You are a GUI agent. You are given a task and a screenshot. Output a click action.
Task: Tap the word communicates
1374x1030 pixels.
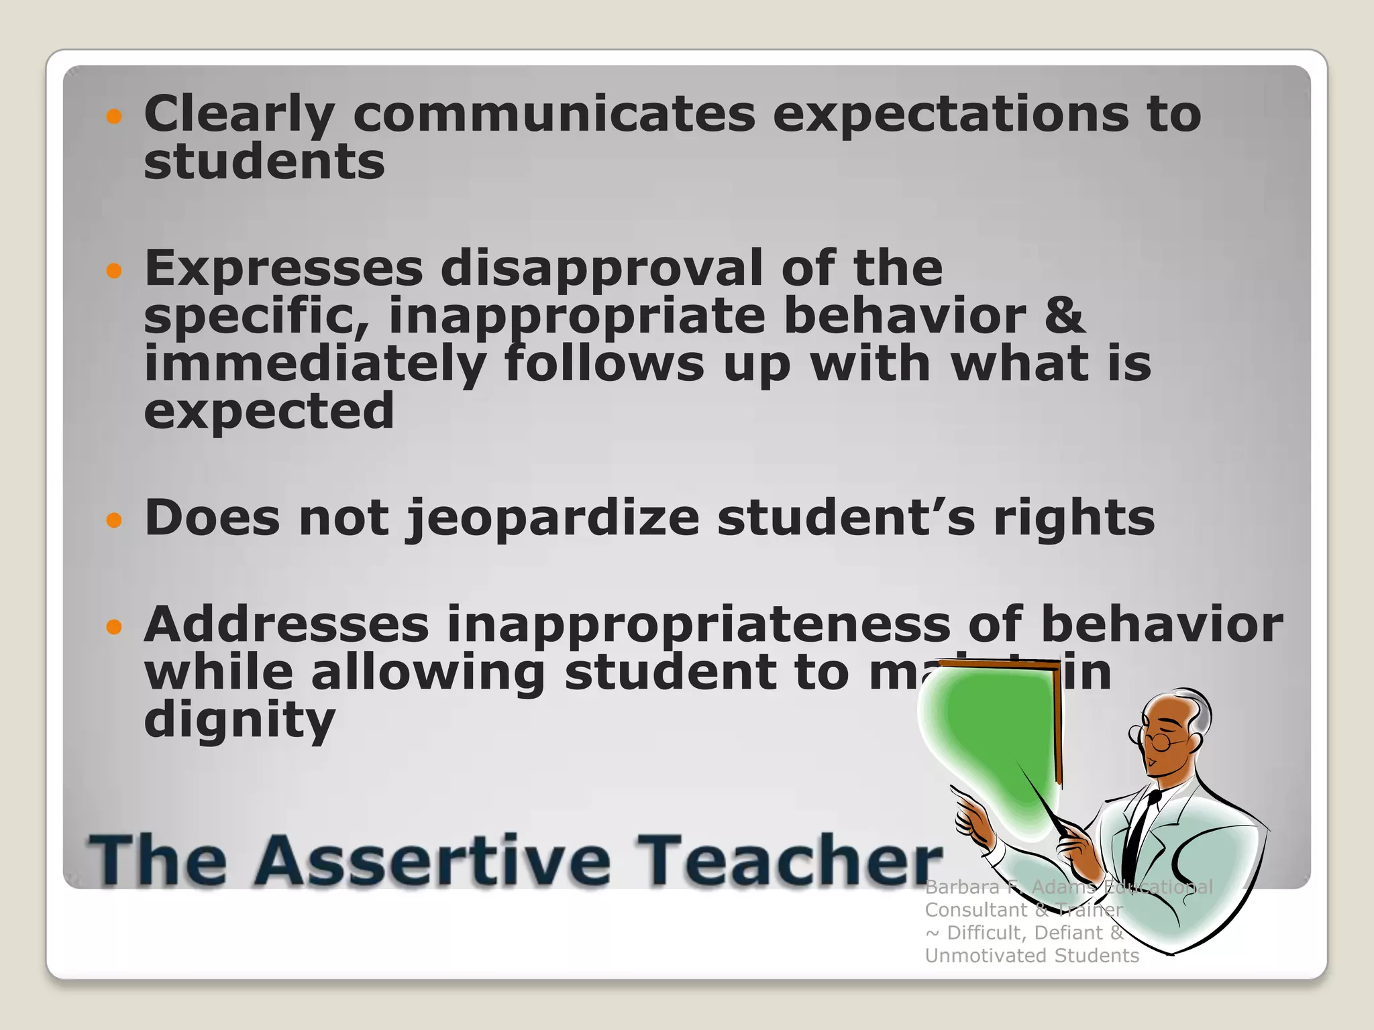coord(553,114)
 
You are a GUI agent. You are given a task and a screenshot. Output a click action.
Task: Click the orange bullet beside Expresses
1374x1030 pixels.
coord(115,271)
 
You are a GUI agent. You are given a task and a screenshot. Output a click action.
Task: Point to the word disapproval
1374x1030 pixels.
coord(602,268)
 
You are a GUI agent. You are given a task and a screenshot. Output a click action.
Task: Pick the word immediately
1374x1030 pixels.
coord(315,364)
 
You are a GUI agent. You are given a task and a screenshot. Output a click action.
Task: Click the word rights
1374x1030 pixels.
coord(1073,518)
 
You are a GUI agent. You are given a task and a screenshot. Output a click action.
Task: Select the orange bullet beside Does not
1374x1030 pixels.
coord(115,520)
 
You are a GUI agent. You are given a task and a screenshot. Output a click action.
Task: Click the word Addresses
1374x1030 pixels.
coord(286,624)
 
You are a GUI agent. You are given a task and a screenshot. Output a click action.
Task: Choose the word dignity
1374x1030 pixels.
coord(239,721)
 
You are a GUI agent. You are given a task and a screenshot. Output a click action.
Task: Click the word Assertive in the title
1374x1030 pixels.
coord(432,860)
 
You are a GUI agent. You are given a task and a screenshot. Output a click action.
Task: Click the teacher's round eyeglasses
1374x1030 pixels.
coord(1155,740)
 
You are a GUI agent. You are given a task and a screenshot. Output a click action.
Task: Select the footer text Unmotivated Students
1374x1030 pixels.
coord(1031,956)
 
